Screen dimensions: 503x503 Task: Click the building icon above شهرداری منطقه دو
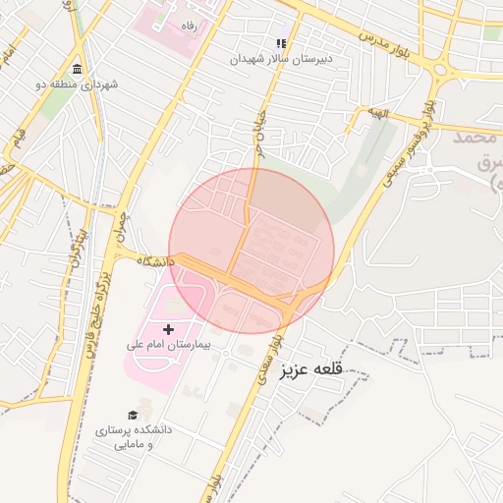[77, 68]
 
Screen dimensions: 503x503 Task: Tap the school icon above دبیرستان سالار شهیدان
[281, 43]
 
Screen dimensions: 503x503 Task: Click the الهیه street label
[378, 114]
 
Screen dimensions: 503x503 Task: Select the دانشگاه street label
[156, 261]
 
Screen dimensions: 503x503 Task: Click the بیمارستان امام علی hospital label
[163, 346]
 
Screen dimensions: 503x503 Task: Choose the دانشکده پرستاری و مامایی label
[134, 437]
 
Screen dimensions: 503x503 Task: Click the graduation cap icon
[134, 416]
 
